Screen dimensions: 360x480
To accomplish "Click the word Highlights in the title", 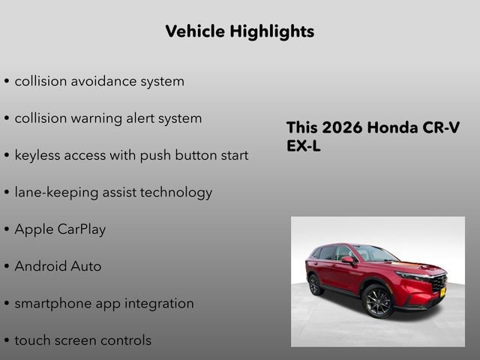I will click(x=273, y=31).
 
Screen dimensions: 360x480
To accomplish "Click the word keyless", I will click(x=39, y=155).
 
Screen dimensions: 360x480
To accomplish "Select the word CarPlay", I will click(x=82, y=229).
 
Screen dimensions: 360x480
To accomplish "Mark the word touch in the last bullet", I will click(x=32, y=340).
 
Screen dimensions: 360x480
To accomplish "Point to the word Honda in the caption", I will click(x=395, y=127).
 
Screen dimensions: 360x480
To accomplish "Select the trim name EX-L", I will click(x=304, y=146).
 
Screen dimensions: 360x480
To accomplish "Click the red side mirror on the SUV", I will click(x=347, y=260).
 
